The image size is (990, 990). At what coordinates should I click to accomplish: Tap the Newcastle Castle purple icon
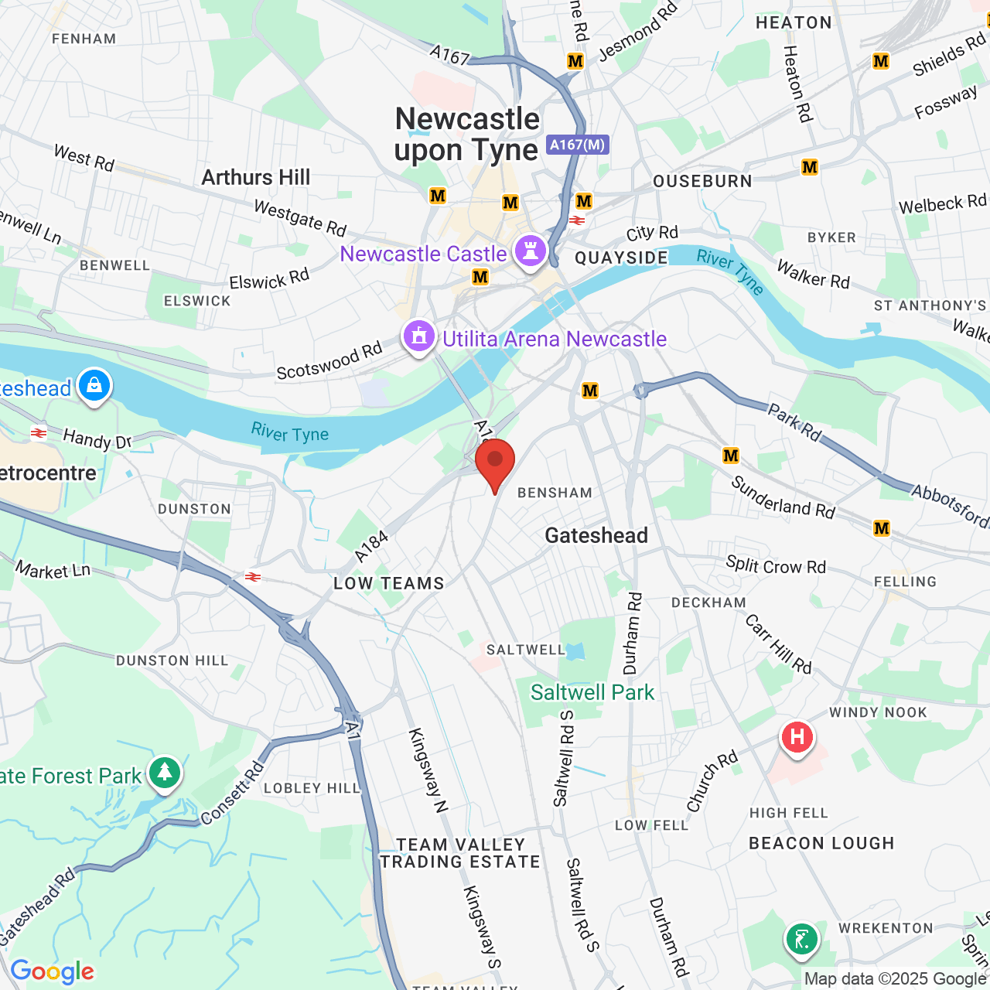click(x=531, y=251)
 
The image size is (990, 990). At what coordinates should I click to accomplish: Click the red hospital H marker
click(x=797, y=737)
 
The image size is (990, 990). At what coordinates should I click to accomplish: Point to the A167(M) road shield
click(x=578, y=145)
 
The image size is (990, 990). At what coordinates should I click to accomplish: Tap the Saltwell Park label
click(x=592, y=692)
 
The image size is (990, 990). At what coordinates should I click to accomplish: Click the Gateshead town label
click(x=596, y=535)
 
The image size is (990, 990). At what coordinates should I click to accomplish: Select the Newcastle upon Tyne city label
click(x=466, y=135)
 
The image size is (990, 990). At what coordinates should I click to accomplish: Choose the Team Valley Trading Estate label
click(x=460, y=853)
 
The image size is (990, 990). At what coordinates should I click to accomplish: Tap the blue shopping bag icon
click(x=94, y=384)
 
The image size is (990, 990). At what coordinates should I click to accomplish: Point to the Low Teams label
click(x=389, y=583)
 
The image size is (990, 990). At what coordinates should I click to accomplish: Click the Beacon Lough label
click(x=821, y=843)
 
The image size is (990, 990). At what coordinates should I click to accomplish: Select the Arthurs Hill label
click(x=256, y=177)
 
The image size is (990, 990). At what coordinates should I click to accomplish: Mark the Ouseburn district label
click(x=702, y=181)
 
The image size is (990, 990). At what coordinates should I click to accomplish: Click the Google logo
click(x=53, y=971)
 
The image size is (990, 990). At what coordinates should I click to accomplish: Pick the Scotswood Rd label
click(x=329, y=361)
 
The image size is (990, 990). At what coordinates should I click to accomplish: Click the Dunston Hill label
click(x=172, y=661)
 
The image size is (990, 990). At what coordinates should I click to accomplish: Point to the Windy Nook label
click(x=878, y=712)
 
